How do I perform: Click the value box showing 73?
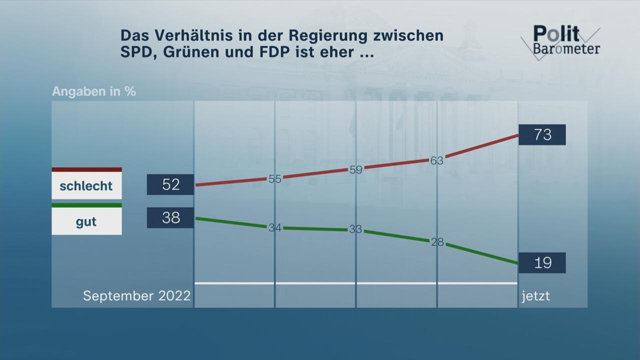click(542, 134)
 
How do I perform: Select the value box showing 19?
click(542, 262)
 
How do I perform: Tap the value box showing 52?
click(170, 184)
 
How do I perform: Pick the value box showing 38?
click(170, 217)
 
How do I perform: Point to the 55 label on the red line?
click(275, 179)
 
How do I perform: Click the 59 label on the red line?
click(355, 169)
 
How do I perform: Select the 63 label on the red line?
click(437, 160)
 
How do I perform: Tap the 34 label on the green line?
click(275, 227)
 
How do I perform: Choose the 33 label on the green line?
click(355, 229)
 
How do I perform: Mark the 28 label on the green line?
click(437, 242)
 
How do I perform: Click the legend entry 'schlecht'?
click(86, 186)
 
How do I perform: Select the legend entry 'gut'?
click(86, 222)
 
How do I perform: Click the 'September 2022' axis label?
click(136, 296)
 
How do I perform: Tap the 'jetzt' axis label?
click(535, 296)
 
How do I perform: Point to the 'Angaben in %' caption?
click(94, 92)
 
